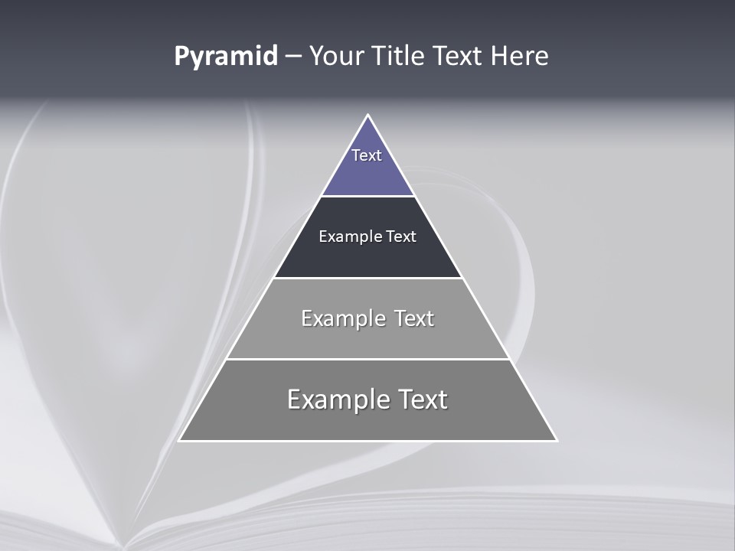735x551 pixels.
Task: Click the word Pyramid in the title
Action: (x=226, y=57)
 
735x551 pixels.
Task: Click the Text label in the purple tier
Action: (x=367, y=155)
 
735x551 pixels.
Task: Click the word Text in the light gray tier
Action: (x=414, y=318)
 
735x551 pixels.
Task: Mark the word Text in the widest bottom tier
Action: (x=422, y=399)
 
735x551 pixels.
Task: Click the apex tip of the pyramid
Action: (x=367, y=116)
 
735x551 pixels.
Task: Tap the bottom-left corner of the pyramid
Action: (x=180, y=440)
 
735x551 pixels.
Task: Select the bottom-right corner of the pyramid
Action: (x=556, y=440)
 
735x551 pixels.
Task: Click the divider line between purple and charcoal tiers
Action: (x=367, y=197)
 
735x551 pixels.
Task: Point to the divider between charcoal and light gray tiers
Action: (x=367, y=278)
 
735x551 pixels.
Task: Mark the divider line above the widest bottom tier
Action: (x=367, y=359)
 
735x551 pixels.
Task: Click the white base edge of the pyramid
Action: (x=367, y=441)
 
